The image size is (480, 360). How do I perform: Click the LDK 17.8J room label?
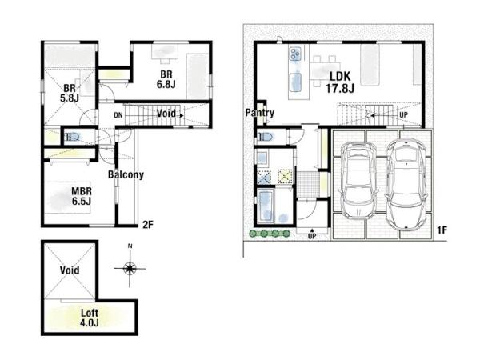340,82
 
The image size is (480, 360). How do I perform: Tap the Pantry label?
259,113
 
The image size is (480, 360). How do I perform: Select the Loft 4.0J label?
90,318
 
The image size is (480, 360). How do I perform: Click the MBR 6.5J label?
82,196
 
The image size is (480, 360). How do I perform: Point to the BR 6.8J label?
166,79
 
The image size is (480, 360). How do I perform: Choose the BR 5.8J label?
70,93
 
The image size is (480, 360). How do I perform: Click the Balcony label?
126,174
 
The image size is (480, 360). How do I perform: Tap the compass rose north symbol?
130,269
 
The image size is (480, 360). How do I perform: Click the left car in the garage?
358,180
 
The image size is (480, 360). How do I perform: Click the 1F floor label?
442,230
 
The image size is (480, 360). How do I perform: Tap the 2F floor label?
148,225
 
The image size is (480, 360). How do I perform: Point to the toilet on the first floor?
265,136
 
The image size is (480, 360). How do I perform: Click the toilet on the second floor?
72,137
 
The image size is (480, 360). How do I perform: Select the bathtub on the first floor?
266,206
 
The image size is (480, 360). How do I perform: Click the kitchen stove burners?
295,54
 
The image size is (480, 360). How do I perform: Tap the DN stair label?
118,115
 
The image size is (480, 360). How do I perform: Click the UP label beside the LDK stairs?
404,114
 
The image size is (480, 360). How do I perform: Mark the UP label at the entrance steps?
312,236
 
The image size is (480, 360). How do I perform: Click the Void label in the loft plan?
70,270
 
